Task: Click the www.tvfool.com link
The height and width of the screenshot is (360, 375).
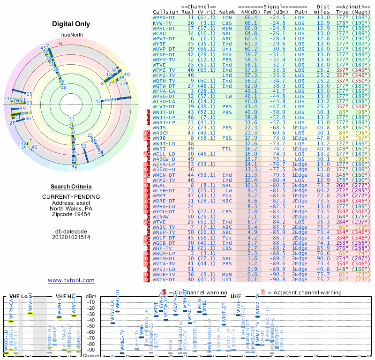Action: [71, 280]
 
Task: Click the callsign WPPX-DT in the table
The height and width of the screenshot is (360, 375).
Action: [164, 17]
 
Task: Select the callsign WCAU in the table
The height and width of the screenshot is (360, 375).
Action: [159, 33]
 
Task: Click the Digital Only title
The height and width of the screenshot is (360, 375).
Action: [71, 24]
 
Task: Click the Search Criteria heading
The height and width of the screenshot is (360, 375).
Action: [71, 187]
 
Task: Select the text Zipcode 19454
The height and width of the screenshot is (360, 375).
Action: [71, 214]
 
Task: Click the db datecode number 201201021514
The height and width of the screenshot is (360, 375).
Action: [71, 237]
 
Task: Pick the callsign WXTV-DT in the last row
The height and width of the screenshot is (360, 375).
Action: [164, 280]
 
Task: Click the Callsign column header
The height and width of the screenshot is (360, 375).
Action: [165, 12]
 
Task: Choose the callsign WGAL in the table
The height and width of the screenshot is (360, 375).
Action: [159, 185]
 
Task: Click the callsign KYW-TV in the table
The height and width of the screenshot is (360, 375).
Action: [163, 22]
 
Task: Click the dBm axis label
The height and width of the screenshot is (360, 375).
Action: [90, 296]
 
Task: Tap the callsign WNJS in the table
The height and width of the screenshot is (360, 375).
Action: [159, 127]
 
